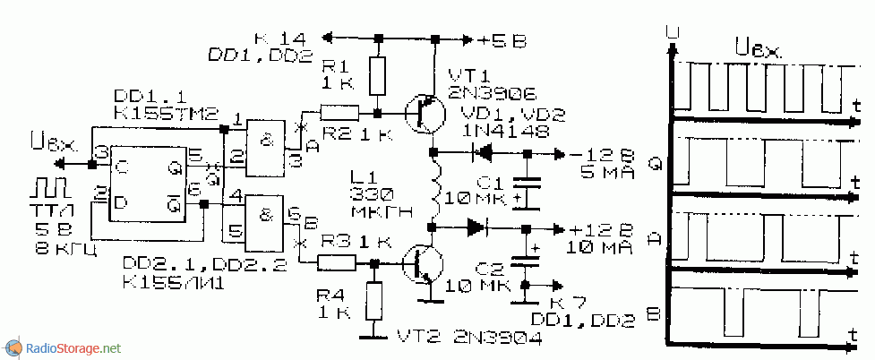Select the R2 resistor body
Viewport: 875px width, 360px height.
pyautogui.click(x=339, y=113)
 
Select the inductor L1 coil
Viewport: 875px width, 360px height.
pyautogui.click(x=436, y=186)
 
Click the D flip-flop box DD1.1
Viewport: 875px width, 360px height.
pyautogui.click(x=148, y=182)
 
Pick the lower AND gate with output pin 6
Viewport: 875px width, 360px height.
pyautogui.click(x=266, y=218)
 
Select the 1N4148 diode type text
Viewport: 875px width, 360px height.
pyautogui.click(x=491, y=131)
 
